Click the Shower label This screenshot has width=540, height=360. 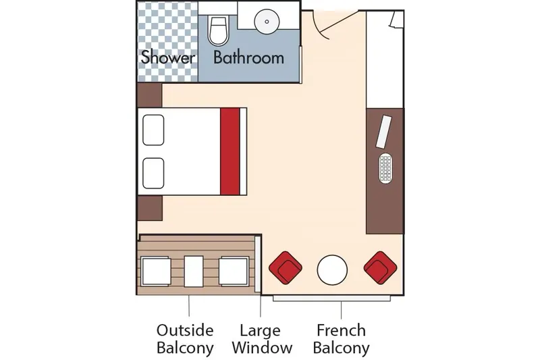coord(168,57)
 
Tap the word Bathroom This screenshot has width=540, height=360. coord(248,57)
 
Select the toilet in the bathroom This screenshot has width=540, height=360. coord(218,30)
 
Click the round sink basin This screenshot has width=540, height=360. coord(267,22)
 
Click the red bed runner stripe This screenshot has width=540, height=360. coord(230,151)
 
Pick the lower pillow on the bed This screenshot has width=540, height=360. coord(154,172)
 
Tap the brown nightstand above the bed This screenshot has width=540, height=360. coord(149,95)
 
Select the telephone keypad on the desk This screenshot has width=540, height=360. coord(386,168)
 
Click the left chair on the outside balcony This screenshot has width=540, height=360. coord(156,272)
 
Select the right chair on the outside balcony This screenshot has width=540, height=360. coord(233,272)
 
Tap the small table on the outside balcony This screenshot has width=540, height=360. coord(194,272)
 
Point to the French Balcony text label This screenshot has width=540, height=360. coord(342,339)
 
